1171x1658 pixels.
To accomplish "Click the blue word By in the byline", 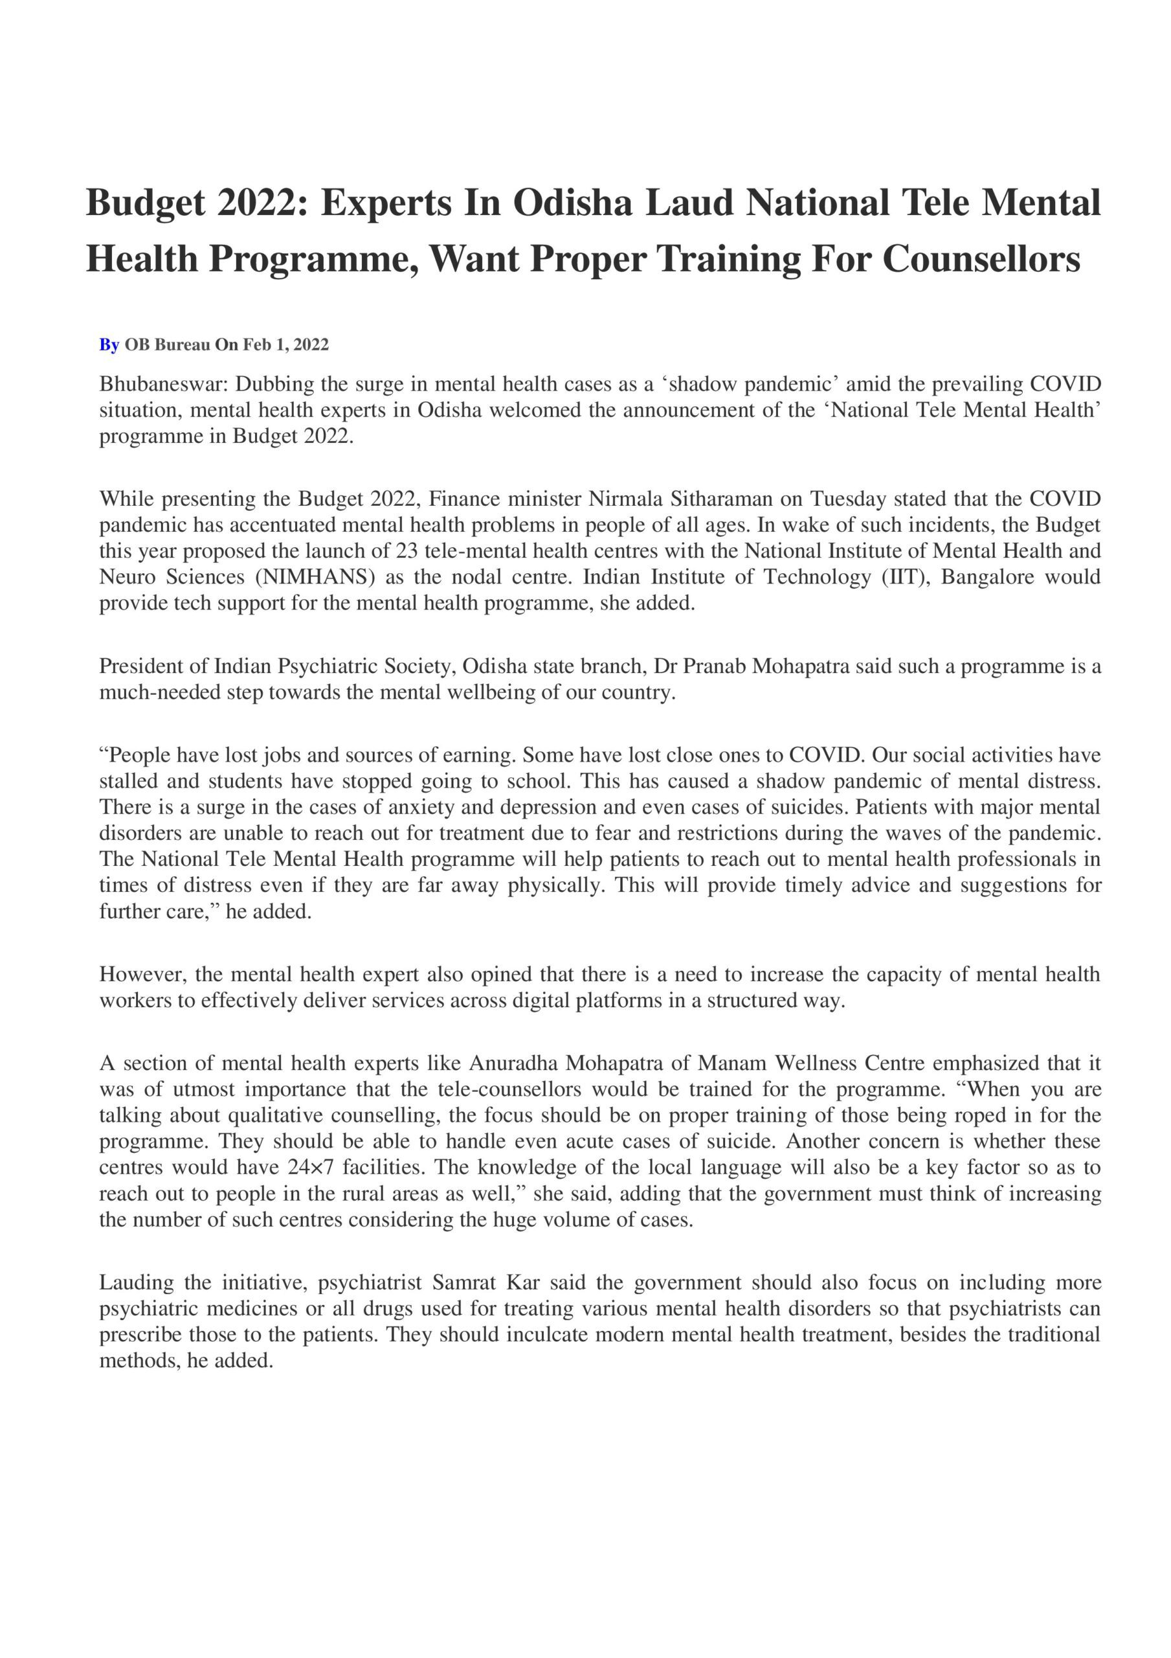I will (109, 345).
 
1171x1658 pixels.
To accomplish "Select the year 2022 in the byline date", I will (311, 345).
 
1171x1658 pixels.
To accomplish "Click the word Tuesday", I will (847, 499).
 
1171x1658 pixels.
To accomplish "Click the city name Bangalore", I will (987, 577).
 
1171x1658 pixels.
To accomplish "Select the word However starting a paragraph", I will (142, 974).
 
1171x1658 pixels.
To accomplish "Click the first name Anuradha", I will (513, 1063).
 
